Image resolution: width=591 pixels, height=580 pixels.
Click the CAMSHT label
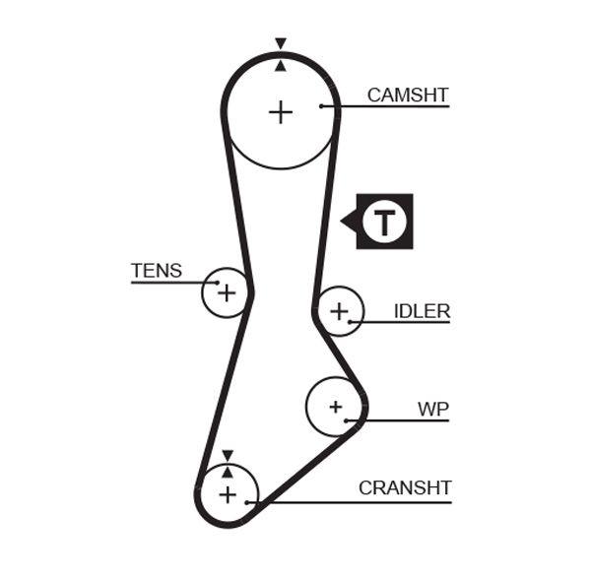click(408, 96)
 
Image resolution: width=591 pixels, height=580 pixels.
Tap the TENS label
click(157, 271)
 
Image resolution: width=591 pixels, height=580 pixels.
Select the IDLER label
click(422, 311)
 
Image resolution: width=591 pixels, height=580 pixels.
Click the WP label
click(432, 408)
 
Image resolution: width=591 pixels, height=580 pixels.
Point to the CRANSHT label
click(405, 487)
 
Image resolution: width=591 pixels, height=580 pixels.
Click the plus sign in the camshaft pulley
click(281, 112)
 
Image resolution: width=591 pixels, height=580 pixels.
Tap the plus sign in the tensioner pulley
click(227, 292)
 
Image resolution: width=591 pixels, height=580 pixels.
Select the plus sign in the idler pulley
click(339, 311)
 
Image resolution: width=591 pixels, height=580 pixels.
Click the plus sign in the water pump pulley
click(335, 406)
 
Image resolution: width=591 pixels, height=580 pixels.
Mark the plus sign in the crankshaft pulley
click(228, 494)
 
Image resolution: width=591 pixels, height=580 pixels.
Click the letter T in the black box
click(384, 222)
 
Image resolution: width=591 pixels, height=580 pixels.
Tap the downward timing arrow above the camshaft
click(281, 43)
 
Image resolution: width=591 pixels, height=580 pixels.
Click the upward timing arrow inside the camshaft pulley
click(281, 66)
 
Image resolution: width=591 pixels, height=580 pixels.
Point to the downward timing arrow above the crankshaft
click(228, 455)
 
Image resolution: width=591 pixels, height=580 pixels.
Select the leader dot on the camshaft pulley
click(321, 105)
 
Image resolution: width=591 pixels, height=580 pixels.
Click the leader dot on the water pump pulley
click(346, 420)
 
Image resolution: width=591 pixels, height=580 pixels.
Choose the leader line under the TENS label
click(167, 283)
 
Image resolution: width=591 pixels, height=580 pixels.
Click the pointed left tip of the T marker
click(342, 221)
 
